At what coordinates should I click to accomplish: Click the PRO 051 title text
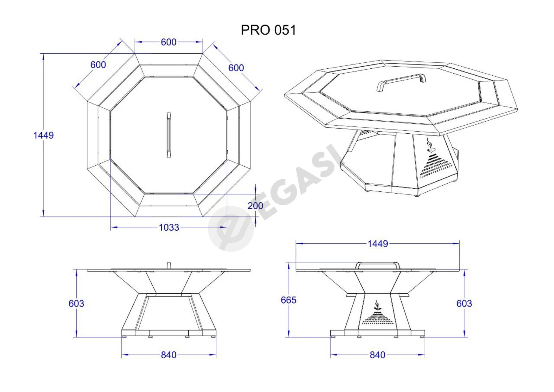[268, 30]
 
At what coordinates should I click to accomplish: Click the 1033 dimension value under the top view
[169, 227]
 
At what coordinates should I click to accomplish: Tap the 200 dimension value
[255, 206]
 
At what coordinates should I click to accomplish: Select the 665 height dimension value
[289, 300]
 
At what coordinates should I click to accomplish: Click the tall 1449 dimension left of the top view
[43, 135]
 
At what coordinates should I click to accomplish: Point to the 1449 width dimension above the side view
[378, 244]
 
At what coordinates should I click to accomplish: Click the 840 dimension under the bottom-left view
[169, 355]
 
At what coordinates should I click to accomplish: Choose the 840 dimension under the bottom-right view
[377, 355]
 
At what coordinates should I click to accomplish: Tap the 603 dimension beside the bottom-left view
[76, 303]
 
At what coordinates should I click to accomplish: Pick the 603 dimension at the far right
[464, 303]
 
